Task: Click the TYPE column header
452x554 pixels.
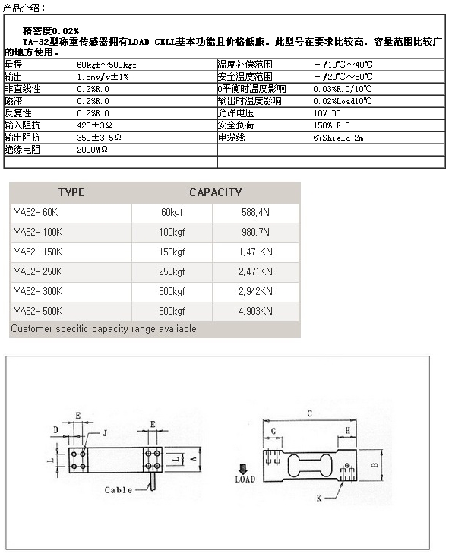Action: tap(71, 192)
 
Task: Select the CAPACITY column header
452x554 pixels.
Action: tap(216, 192)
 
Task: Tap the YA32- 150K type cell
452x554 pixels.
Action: tap(38, 252)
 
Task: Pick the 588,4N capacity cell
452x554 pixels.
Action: tap(255, 212)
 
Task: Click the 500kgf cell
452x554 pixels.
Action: tap(172, 312)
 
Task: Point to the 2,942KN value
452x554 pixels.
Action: tap(255, 292)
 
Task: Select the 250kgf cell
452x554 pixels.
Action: tap(172, 272)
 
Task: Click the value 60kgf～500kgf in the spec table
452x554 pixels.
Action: tap(106, 65)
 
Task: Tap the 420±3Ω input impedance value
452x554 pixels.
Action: tap(94, 125)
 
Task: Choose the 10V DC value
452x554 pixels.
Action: tap(327, 113)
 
